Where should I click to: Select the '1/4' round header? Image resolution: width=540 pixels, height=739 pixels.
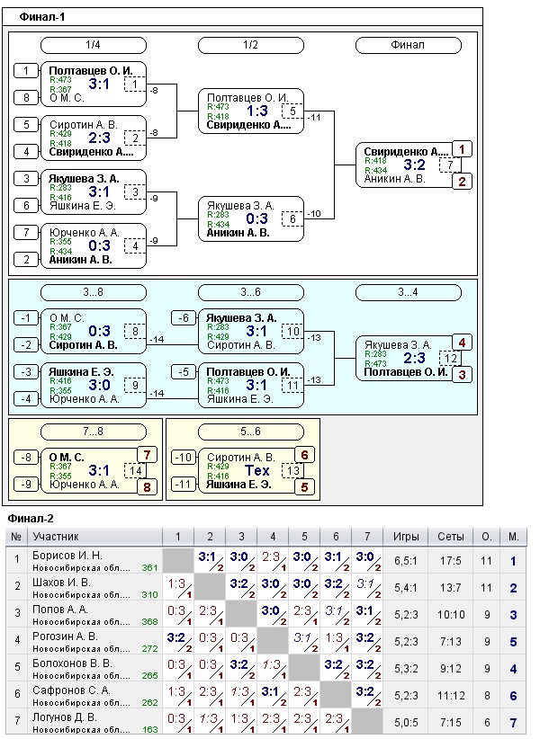pos(93,44)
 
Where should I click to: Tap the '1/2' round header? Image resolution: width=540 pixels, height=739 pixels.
pos(250,44)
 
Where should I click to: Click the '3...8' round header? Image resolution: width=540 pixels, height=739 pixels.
pos(93,292)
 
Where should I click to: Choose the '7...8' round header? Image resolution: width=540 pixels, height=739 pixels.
pos(93,432)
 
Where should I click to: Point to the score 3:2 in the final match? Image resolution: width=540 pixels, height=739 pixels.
pos(413,165)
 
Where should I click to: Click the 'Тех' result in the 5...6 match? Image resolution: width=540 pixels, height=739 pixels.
pos(257,470)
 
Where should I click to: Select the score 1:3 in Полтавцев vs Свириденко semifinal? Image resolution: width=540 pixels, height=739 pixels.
pos(257,111)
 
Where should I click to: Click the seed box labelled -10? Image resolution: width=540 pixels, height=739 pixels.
pos(183,457)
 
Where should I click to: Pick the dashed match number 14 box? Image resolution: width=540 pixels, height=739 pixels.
pos(135,470)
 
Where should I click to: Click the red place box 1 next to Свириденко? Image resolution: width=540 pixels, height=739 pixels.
pos(461,149)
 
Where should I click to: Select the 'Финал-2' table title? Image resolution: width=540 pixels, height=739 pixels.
pos(30,519)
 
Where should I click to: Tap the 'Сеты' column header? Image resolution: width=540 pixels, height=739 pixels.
pos(451,537)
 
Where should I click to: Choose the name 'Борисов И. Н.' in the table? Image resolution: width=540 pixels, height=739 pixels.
pos(68,556)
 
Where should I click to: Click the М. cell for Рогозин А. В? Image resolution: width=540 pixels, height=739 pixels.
pos(513,641)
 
